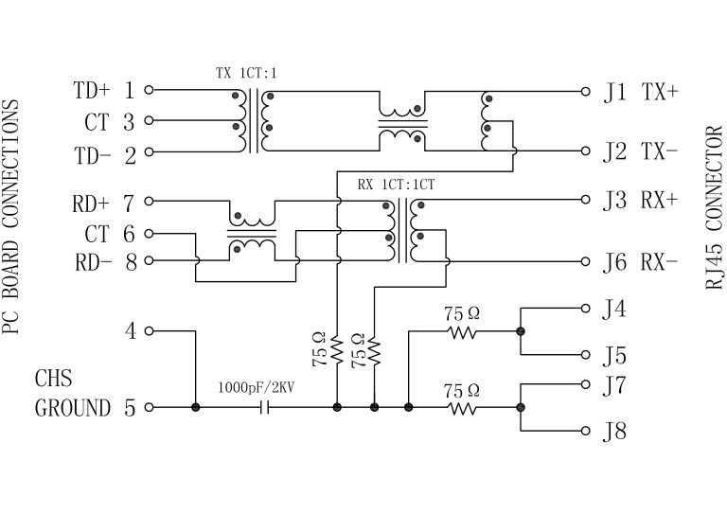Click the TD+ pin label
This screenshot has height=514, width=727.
[92, 91]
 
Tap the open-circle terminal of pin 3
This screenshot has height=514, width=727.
[149, 121]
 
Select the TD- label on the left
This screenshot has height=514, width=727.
[92, 154]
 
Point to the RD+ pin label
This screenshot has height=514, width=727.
[92, 203]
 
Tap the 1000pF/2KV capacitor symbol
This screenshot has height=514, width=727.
[265, 408]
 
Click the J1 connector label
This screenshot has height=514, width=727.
[615, 92]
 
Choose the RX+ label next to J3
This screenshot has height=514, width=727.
[660, 201]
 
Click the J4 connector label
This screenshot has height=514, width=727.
[615, 309]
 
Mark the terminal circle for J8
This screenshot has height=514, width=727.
[584, 431]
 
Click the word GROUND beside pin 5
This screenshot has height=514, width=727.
[73, 409]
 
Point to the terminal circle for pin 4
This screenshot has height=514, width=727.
[149, 331]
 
